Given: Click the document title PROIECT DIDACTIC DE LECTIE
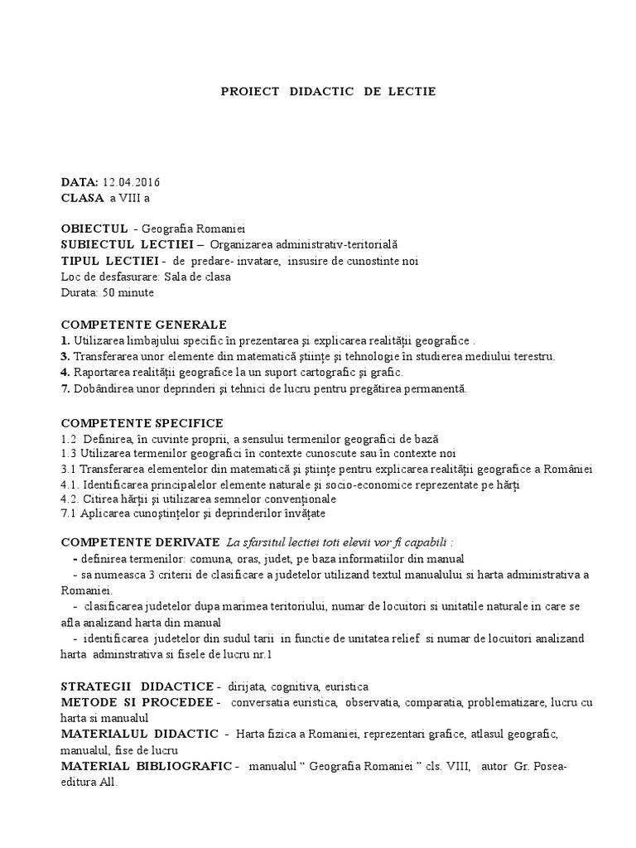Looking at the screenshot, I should tap(328, 91).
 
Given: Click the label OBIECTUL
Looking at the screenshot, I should tap(94, 229).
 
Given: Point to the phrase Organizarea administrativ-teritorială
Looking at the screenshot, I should tap(304, 244).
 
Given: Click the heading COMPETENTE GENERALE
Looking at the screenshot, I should tap(143, 324).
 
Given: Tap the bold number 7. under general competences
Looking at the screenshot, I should tap(65, 388).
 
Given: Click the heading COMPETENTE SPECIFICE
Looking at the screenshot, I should tap(142, 423).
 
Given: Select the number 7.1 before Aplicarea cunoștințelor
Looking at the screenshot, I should tap(70, 515).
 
